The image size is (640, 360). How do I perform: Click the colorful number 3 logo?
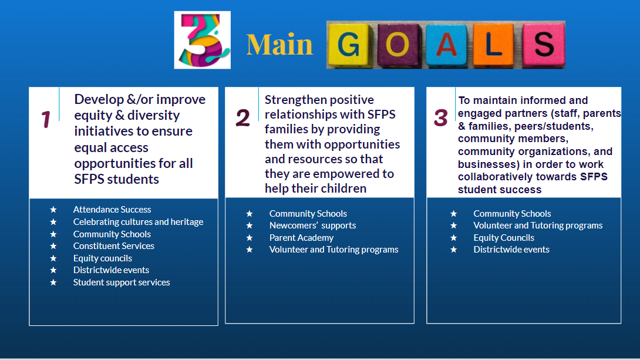(202, 40)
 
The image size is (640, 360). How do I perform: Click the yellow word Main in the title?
(279, 45)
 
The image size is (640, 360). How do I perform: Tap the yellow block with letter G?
(350, 45)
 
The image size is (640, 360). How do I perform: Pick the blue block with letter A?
(446, 45)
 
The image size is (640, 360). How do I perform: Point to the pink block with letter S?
(543, 43)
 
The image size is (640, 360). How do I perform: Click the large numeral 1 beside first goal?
(46, 120)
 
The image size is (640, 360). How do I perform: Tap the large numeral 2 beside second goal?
(242, 118)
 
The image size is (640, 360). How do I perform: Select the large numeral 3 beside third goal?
(440, 118)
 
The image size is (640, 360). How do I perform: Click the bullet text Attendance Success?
(112, 210)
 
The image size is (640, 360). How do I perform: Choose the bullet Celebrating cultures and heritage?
(138, 222)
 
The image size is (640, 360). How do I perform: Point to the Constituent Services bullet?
(114, 246)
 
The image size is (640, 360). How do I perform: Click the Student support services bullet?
(122, 282)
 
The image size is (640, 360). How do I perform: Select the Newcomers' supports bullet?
(312, 226)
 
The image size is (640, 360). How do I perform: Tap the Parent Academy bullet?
(301, 238)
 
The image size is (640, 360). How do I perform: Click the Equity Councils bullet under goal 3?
(504, 238)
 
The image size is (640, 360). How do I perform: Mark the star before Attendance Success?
(53, 210)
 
